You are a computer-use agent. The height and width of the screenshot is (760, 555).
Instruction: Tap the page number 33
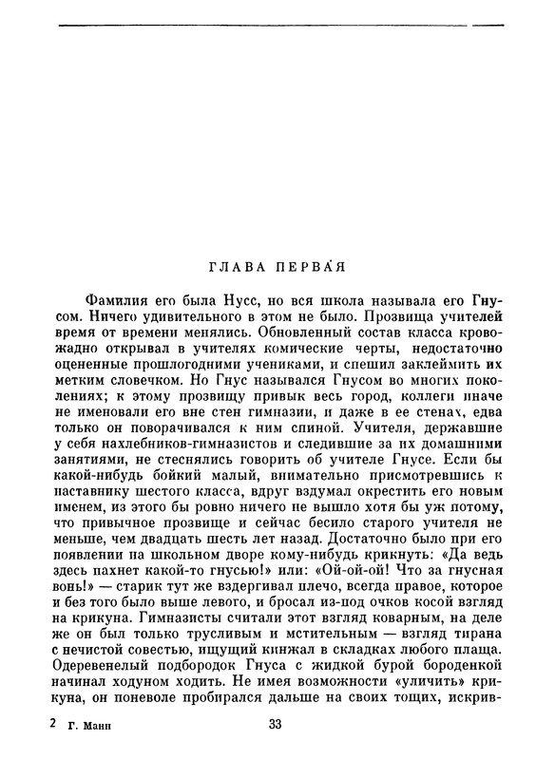(276, 725)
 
